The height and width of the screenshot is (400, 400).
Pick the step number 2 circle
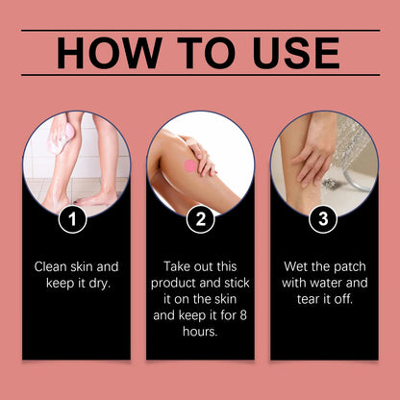[x=200, y=219]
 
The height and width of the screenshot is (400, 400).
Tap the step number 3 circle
[x=324, y=219]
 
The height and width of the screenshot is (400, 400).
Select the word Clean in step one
[x=53, y=265]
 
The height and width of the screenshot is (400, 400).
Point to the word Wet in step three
[x=297, y=265]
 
